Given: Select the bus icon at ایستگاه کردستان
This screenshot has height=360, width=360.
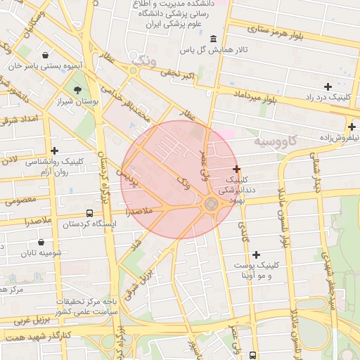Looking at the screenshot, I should (89, 212).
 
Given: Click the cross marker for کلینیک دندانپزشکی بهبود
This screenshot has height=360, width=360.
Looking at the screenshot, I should (236, 169).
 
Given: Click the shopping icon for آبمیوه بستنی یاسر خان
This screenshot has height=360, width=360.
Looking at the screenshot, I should (46, 55).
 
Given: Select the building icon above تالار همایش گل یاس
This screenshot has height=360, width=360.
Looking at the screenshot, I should (213, 38).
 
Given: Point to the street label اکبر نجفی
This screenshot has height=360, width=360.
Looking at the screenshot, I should (174, 72).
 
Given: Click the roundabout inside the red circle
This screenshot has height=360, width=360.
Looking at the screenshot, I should (211, 204).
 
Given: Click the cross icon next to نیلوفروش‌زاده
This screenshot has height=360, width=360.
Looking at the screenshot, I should (351, 127).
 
